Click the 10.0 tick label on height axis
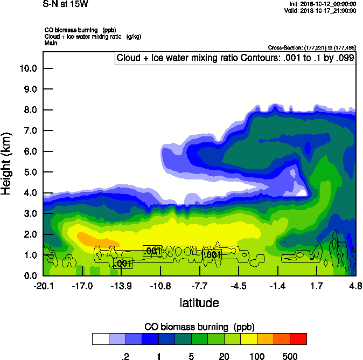(28, 68)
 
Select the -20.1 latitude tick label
(43, 285)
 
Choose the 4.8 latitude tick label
(355, 285)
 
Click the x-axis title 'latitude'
(199, 303)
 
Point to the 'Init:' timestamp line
(322, 4)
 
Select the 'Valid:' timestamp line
(322, 10)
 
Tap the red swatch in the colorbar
(298, 339)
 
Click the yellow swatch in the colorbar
(249, 339)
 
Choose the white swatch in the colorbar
(100, 339)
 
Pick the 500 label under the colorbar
(290, 356)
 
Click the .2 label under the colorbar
(125, 356)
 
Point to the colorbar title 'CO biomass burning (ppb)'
(199, 327)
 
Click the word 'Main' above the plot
(51, 42)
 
